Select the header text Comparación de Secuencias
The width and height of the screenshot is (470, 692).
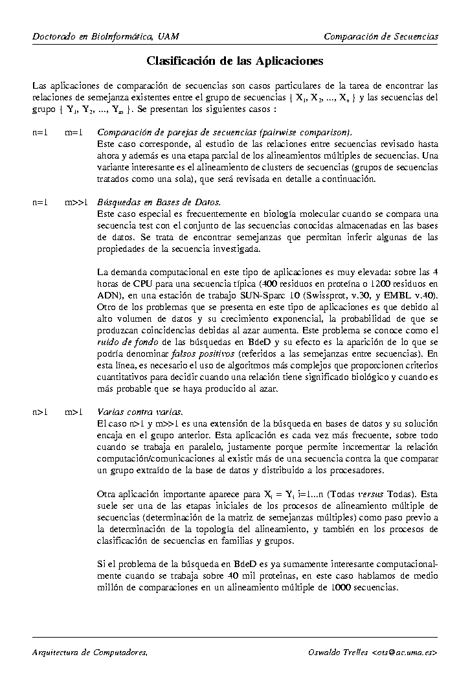click(x=381, y=36)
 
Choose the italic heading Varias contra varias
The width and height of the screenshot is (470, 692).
click(x=140, y=412)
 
